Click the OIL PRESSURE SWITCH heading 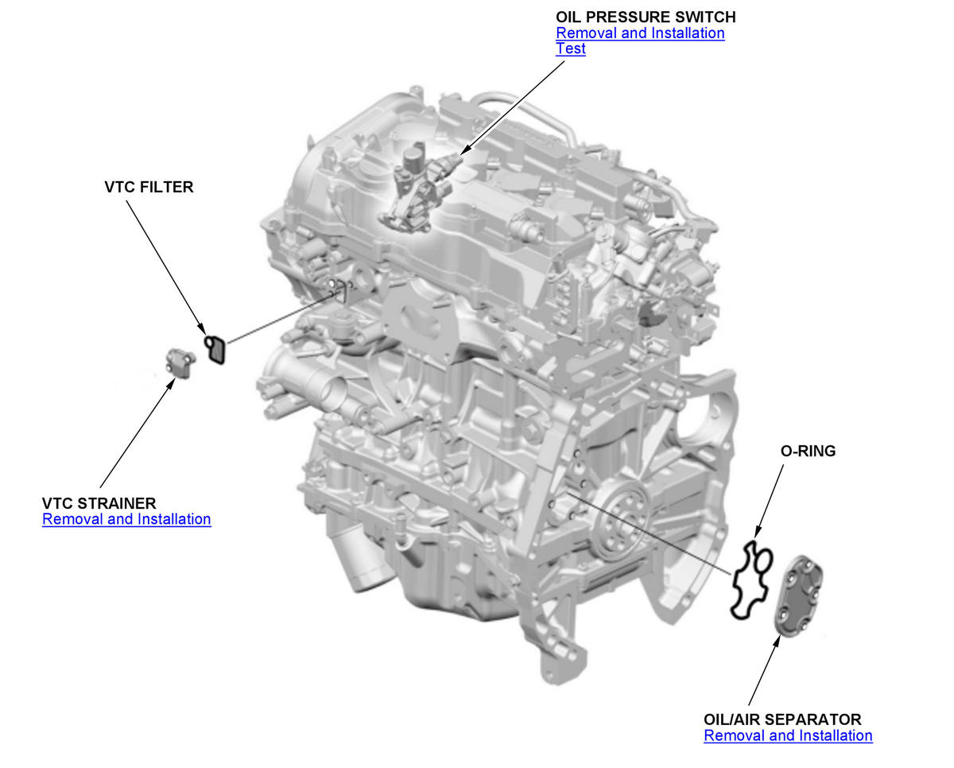point(646,17)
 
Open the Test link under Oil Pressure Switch point(571,48)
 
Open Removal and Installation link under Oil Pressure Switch point(640,33)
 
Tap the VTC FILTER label point(149,187)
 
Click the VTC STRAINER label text point(99,503)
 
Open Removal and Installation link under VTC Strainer point(126,519)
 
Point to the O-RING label point(808,451)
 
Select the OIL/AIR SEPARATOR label point(782,720)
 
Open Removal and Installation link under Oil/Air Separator point(788,735)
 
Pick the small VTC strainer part point(180,363)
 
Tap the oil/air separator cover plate point(798,596)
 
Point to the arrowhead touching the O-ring point(757,532)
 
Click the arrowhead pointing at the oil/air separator point(778,641)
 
